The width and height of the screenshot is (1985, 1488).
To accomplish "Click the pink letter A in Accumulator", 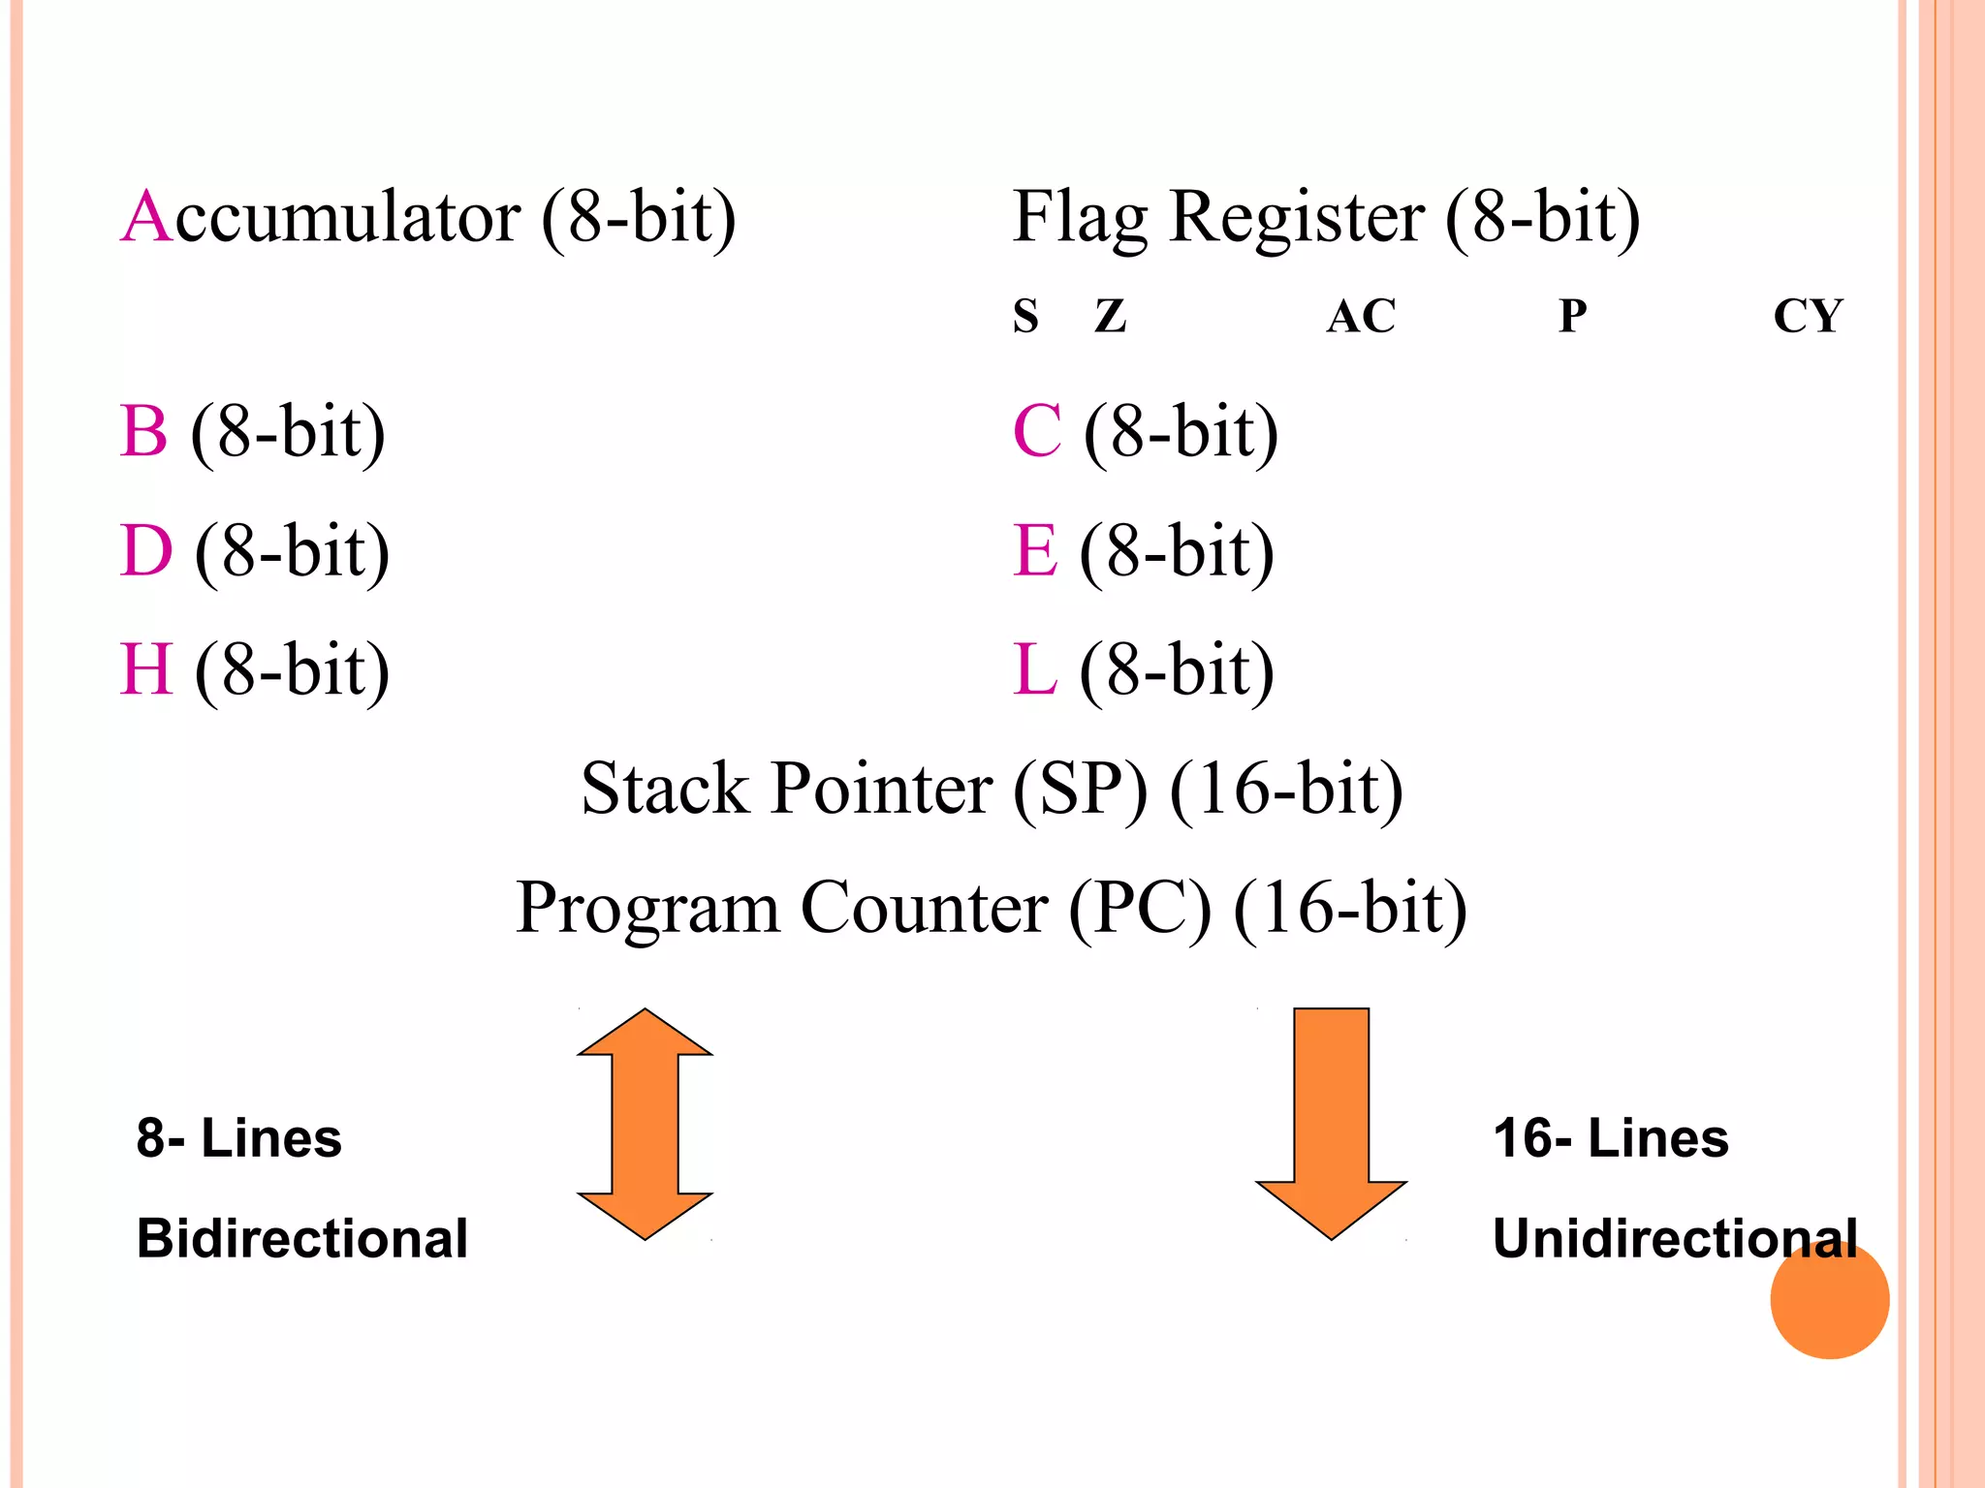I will pyautogui.click(x=146, y=217).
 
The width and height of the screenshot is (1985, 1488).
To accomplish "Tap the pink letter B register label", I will pyautogui.click(x=143, y=431).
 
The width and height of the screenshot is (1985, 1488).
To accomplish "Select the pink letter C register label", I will pyautogui.click(x=1036, y=431).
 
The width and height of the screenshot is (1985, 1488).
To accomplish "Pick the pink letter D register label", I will pyautogui.click(x=145, y=550).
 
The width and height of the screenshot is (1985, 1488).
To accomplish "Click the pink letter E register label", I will pyautogui.click(x=1034, y=550).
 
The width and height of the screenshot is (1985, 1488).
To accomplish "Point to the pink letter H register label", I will pyautogui.click(x=146, y=669).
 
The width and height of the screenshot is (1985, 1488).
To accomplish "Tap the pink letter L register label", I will pyautogui.click(x=1033, y=669).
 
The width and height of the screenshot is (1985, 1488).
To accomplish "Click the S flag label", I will pyautogui.click(x=1025, y=316).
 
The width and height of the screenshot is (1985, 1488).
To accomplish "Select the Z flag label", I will pyautogui.click(x=1111, y=316).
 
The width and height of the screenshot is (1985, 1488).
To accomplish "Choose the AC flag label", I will pyautogui.click(x=1361, y=316).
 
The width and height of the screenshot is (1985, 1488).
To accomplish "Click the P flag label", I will pyautogui.click(x=1572, y=316).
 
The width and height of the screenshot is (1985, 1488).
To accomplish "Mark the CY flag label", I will pyautogui.click(x=1808, y=316).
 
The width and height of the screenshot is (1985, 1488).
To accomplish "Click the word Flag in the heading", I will pyautogui.click(x=1080, y=217).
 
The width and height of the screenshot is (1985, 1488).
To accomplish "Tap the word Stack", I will pyautogui.click(x=665, y=789).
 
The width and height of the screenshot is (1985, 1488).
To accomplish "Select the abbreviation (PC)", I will pyautogui.click(x=1140, y=908).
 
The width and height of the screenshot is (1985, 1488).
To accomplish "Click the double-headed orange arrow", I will pyautogui.click(x=645, y=1124).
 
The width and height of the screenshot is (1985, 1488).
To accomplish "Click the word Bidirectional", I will pyautogui.click(x=301, y=1238).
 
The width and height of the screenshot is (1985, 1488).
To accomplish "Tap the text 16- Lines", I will pyautogui.click(x=1610, y=1137).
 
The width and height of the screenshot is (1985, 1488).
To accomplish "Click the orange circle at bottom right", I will pyautogui.click(x=1829, y=1299).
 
